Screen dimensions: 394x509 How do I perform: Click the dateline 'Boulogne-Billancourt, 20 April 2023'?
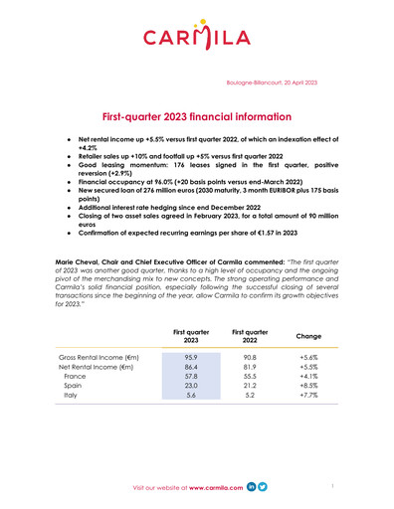click(x=272, y=79)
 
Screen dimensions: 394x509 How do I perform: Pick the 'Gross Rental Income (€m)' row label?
click(x=98, y=356)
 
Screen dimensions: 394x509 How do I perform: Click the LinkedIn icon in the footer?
click(x=251, y=488)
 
